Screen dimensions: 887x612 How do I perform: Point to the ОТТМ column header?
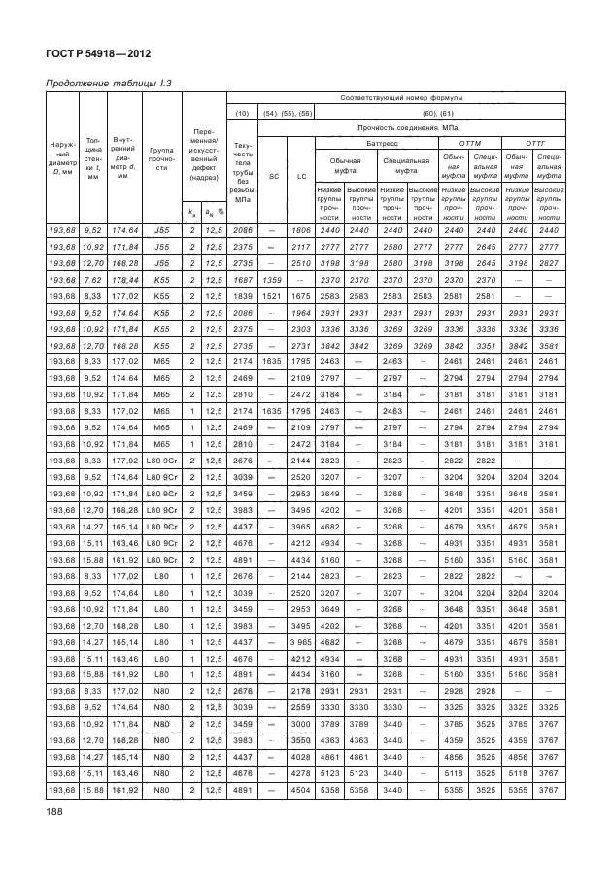pyautogui.click(x=468, y=141)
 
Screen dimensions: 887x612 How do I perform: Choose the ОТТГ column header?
pyautogui.click(x=533, y=141)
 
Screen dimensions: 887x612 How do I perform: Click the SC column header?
pyautogui.click(x=273, y=176)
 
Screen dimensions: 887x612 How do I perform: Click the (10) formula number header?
pyautogui.click(x=243, y=113)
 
